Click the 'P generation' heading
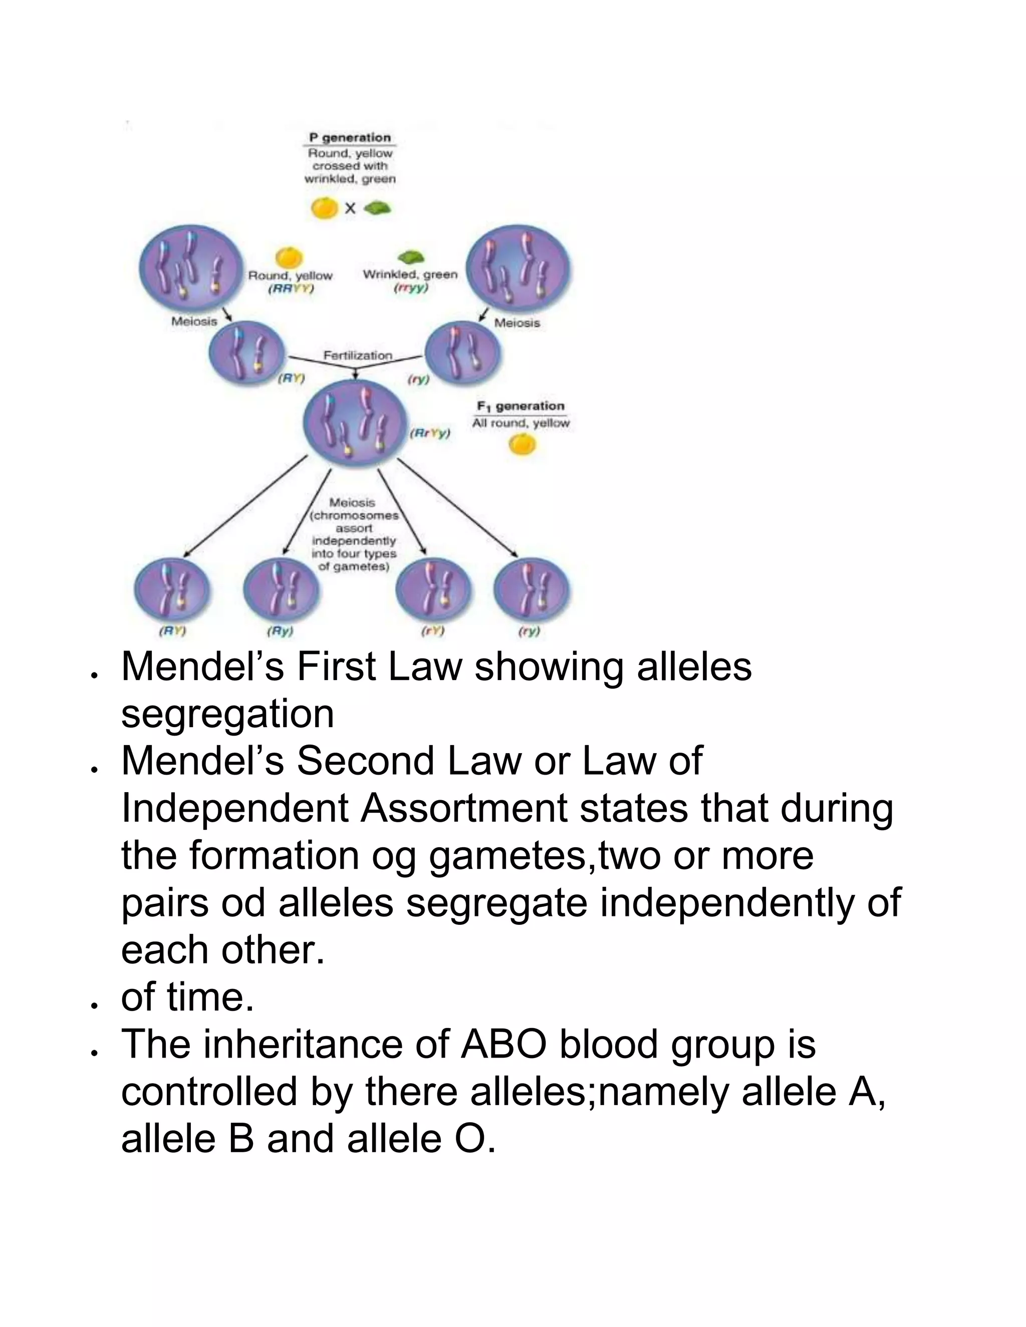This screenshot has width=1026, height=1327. click(x=350, y=137)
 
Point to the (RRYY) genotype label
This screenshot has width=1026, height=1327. click(x=291, y=289)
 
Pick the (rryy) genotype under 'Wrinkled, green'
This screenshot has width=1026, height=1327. click(x=411, y=288)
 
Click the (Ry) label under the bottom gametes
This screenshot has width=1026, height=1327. click(x=280, y=631)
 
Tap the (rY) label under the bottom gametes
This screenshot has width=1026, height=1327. click(x=433, y=631)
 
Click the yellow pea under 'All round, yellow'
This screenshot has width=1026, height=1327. click(x=522, y=445)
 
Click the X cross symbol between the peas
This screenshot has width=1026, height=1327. click(x=350, y=209)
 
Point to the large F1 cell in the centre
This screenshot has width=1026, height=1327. click(x=356, y=425)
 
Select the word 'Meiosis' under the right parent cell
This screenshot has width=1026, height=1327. click(x=517, y=323)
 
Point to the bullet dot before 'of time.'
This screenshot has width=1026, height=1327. click(x=94, y=1006)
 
